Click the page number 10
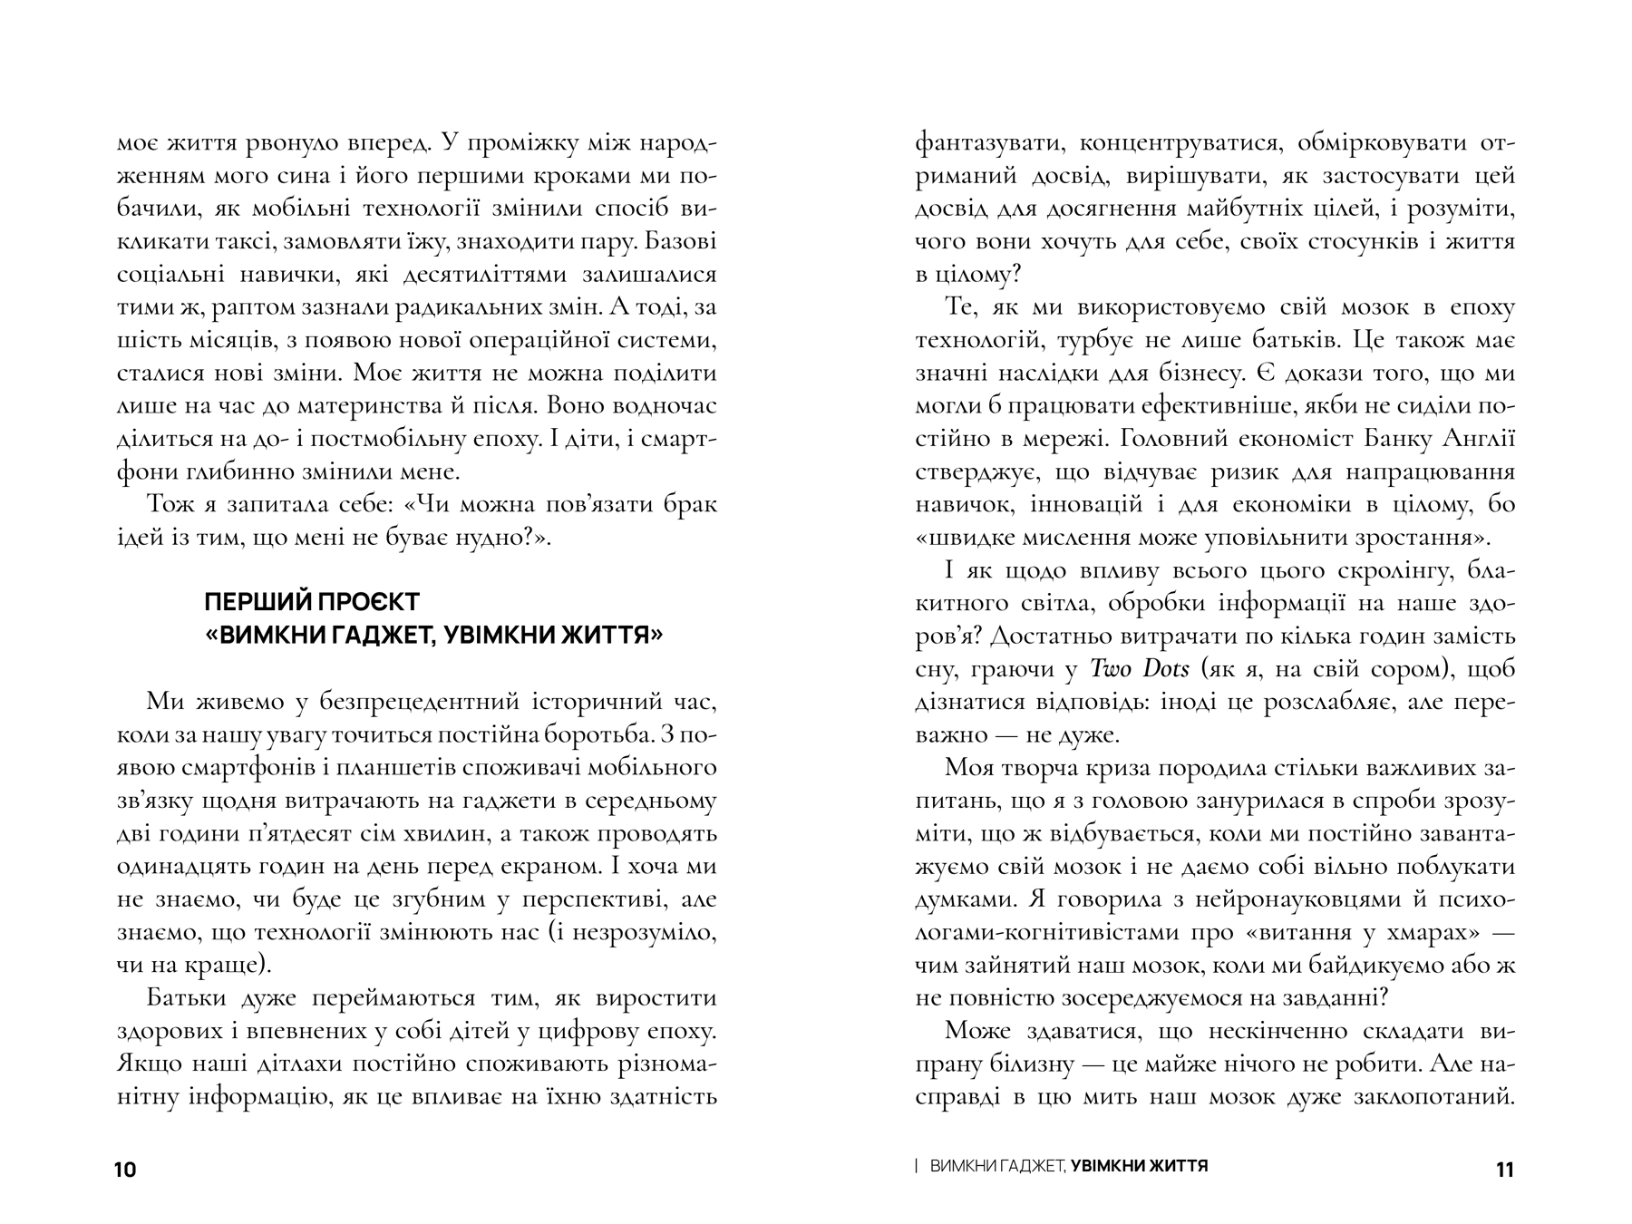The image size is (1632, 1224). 125,1170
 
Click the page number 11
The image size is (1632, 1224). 1503,1170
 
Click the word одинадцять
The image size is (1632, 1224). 180,866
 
